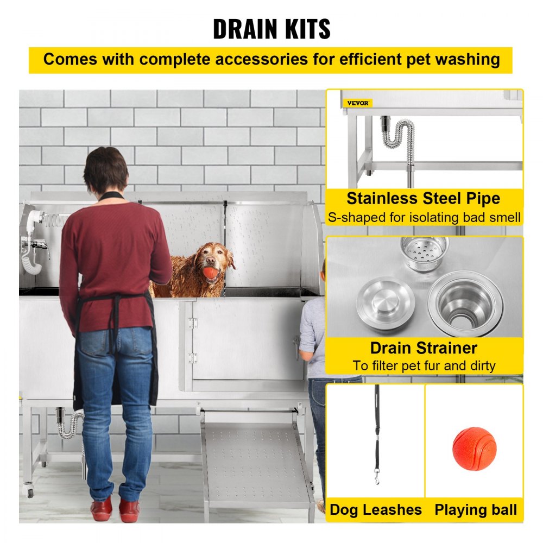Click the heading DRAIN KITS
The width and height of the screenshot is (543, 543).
pyautogui.click(x=271, y=28)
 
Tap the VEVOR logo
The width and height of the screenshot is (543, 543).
pyautogui.click(x=357, y=103)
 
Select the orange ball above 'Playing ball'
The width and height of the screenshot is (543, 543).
pyautogui.click(x=474, y=449)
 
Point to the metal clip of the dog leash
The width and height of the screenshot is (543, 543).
pyautogui.click(x=377, y=478)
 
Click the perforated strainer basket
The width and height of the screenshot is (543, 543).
pyautogui.click(x=424, y=253)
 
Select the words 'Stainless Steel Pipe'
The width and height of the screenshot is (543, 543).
pyautogui.click(x=424, y=198)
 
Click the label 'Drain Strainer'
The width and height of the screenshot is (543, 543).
pyautogui.click(x=424, y=348)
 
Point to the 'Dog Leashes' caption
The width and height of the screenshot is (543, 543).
pyautogui.click(x=376, y=510)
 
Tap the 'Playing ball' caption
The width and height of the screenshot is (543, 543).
pyautogui.click(x=476, y=510)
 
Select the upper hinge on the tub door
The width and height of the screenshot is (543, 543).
pyautogui.click(x=192, y=323)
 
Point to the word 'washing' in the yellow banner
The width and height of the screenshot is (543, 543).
pyautogui.click(x=464, y=59)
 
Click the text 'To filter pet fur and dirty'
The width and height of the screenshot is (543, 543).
pyautogui.click(x=424, y=365)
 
